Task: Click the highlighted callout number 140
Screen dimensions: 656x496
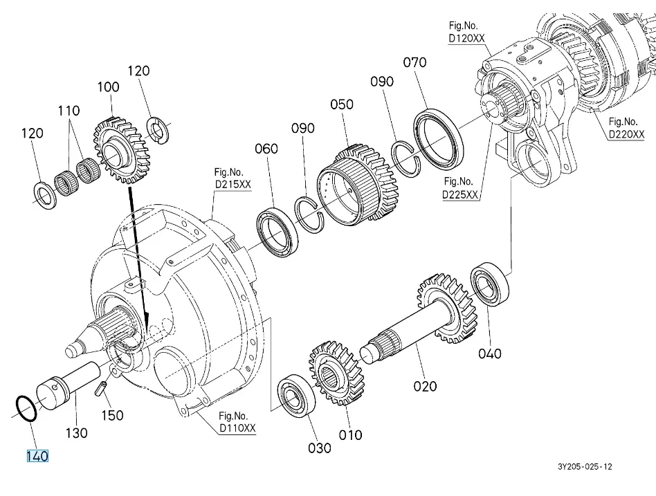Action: click(37, 456)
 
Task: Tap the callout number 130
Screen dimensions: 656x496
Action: click(76, 433)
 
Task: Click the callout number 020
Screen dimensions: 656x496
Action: click(425, 386)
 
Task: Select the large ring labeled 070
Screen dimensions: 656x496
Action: click(419, 125)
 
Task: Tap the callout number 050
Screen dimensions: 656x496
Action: click(342, 104)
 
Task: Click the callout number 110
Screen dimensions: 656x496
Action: click(69, 111)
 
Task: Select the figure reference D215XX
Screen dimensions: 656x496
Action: click(233, 185)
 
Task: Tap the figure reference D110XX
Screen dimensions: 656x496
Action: click(237, 428)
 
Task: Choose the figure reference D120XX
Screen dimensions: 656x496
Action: click(466, 38)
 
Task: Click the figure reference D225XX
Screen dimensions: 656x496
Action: click(460, 194)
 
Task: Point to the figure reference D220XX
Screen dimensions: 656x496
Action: click(626, 134)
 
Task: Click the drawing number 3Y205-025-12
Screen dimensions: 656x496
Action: click(585, 467)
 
